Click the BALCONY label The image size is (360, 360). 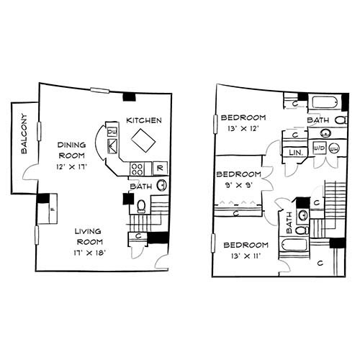(24, 134)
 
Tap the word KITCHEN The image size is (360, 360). (144, 120)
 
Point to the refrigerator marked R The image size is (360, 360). (160, 168)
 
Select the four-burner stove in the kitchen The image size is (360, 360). (137, 168)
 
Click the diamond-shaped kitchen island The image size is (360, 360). (143, 140)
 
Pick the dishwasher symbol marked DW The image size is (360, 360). (112, 132)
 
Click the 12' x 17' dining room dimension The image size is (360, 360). (71, 166)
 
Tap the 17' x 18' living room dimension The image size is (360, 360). (90, 253)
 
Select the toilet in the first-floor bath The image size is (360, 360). (141, 207)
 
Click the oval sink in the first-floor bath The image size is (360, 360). (162, 185)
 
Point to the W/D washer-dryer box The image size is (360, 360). (320, 148)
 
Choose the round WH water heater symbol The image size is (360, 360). (333, 149)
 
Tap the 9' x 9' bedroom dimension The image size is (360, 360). (239, 185)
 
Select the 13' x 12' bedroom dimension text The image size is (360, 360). (243, 128)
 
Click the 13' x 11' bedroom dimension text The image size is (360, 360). (246, 256)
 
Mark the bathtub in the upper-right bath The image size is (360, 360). (325, 102)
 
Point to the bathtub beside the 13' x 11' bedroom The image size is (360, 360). (294, 245)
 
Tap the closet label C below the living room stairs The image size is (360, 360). (138, 236)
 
